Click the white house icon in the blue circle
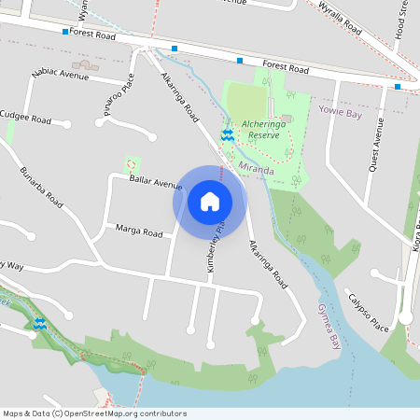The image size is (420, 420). coord(209,201)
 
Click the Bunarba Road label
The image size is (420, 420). coord(42,188)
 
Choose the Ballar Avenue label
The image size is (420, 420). coord(156,179)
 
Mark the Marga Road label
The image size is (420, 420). coord(138,230)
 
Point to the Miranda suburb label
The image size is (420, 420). coord(256,170)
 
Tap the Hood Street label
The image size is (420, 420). coord(403,21)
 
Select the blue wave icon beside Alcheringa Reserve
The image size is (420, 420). coord(227,135)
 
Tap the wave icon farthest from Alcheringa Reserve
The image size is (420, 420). coord(40,324)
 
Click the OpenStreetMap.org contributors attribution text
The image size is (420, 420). coord(135,413)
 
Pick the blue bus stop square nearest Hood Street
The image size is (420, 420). coord(398,87)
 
